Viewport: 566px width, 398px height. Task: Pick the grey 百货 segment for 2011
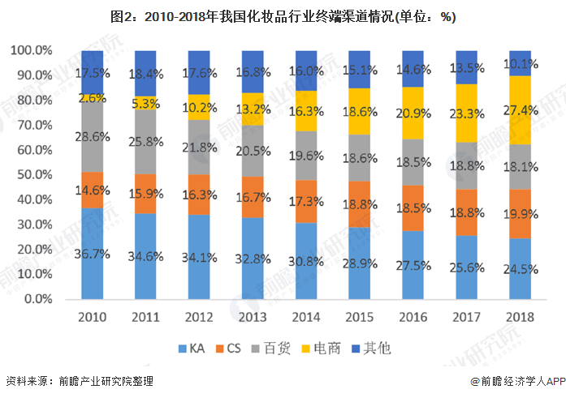pos(145,142)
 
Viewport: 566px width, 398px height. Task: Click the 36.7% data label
pos(92,253)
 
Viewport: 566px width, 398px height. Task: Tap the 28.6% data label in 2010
pos(92,136)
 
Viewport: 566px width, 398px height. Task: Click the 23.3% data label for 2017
pos(467,114)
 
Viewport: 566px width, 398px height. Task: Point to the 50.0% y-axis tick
pos(32,174)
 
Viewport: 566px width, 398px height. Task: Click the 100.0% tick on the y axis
pos(32,50)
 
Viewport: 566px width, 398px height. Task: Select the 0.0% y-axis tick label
pos(37,299)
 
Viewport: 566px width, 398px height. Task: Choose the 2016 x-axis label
pos(413,317)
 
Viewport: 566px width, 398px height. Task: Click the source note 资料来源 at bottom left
pos(79,380)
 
